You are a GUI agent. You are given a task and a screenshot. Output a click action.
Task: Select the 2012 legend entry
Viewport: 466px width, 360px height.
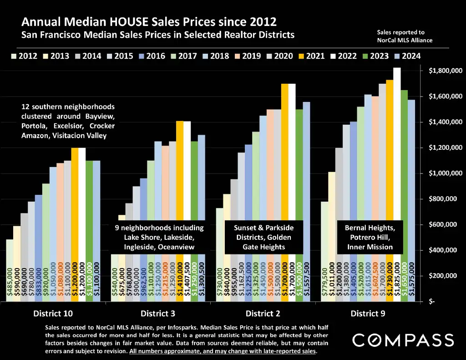pyautogui.click(x=25, y=56)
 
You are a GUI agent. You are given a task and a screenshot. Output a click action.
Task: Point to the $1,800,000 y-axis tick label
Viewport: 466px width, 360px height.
pyautogui.click(x=446, y=71)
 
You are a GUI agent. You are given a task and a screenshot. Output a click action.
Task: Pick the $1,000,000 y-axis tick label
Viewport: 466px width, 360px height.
pyautogui.click(x=446, y=173)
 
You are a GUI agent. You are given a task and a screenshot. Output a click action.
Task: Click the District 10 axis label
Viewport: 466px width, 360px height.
pyautogui.click(x=53, y=313)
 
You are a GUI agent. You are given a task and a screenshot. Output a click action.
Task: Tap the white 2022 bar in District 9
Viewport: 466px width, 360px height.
pyautogui.click(x=397, y=182)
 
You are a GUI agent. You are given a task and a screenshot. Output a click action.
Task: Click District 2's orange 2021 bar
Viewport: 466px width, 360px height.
pyautogui.click(x=285, y=182)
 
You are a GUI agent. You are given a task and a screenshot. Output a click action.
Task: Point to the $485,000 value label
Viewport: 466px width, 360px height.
pyautogui.click(x=10, y=284)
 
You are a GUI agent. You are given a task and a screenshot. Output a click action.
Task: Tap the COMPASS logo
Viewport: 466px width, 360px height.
pyautogui.click(x=403, y=340)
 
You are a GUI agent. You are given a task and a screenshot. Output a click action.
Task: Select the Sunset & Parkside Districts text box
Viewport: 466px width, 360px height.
pyautogui.click(x=264, y=237)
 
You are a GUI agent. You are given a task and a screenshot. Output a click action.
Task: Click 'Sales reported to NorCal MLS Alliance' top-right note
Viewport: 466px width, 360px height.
pyautogui.click(x=405, y=36)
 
